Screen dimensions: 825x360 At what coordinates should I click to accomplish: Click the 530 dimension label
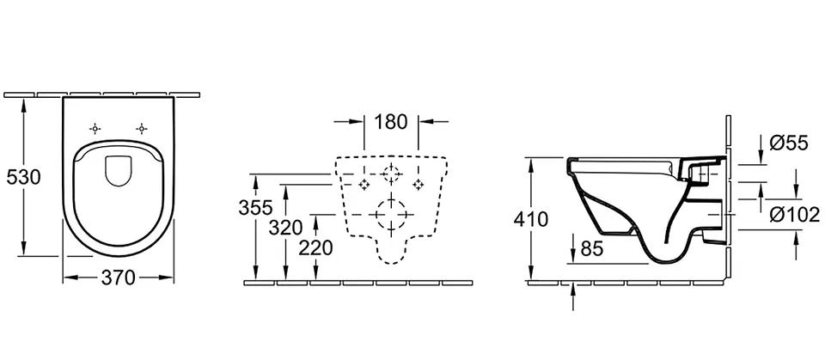point(23,177)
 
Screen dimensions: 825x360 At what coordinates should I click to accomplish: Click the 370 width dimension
point(119,278)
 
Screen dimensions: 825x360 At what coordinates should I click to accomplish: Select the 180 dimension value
point(391,122)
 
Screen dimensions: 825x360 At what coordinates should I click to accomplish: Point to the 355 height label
point(256,208)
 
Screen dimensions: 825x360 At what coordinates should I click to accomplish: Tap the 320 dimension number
point(285,228)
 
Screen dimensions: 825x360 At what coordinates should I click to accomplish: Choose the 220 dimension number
point(315,247)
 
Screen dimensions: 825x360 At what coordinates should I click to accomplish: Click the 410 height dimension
point(531,218)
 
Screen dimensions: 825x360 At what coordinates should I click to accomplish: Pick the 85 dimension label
point(591,248)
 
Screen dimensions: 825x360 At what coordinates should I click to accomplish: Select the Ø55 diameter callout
point(789,143)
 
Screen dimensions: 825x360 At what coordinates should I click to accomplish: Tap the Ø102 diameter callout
point(794,215)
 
